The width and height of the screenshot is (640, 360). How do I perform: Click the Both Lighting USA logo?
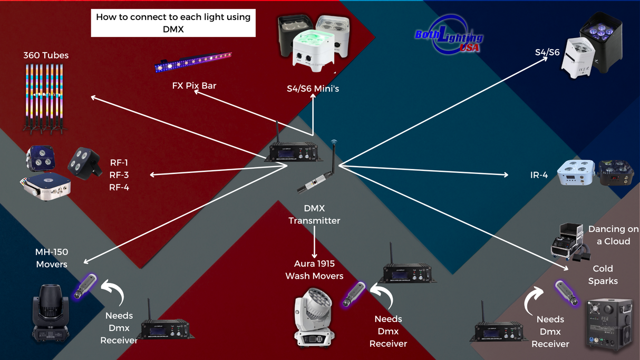pyautogui.click(x=449, y=37)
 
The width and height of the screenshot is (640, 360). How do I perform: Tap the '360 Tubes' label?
pyautogui.click(x=46, y=55)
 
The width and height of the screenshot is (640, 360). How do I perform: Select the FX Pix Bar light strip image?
pyautogui.click(x=193, y=62)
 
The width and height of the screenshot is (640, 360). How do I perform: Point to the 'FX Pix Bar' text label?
pyautogui.click(x=194, y=85)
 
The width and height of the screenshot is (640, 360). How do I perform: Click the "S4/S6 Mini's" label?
pyautogui.click(x=313, y=89)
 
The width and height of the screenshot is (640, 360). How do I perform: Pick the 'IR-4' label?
pyautogui.click(x=539, y=175)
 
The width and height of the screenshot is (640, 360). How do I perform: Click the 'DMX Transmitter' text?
pyautogui.click(x=314, y=215)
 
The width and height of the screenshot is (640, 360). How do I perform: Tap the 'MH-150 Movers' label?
pyautogui.click(x=52, y=258)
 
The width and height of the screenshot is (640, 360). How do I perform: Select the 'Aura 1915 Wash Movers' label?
pyautogui.click(x=314, y=269)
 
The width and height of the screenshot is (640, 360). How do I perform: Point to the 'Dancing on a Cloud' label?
pyautogui.click(x=613, y=235)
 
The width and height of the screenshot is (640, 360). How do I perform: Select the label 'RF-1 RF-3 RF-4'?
pyautogui.click(x=119, y=175)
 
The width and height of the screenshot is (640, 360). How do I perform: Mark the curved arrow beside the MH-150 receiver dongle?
pyautogui.click(x=113, y=293)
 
